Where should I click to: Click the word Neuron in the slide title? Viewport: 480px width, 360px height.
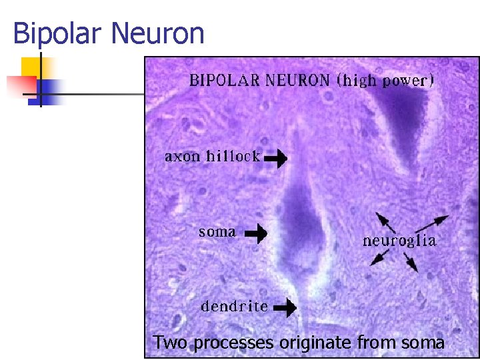[157, 33]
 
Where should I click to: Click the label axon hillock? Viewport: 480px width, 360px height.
[212, 157]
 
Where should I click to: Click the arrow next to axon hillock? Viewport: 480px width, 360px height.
[276, 159]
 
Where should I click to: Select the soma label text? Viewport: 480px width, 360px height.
[217, 232]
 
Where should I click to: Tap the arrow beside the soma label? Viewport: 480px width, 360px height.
[256, 233]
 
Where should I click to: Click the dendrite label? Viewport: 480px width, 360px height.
[235, 307]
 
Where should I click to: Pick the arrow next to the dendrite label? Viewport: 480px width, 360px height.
[285, 307]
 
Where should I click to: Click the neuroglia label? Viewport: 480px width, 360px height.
[399, 241]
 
